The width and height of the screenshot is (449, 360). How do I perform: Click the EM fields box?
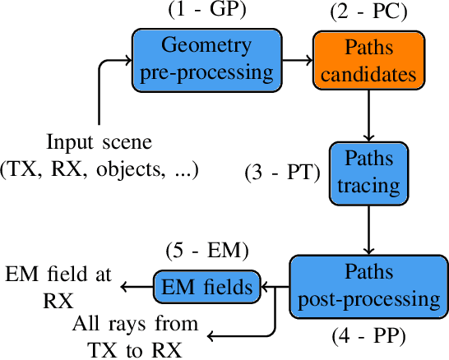pos(206,286)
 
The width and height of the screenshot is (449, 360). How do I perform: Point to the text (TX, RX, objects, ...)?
pos(100,169)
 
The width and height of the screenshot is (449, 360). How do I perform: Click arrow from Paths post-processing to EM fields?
pos(275,286)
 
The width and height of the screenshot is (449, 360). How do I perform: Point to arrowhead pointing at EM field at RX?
pos(124,286)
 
